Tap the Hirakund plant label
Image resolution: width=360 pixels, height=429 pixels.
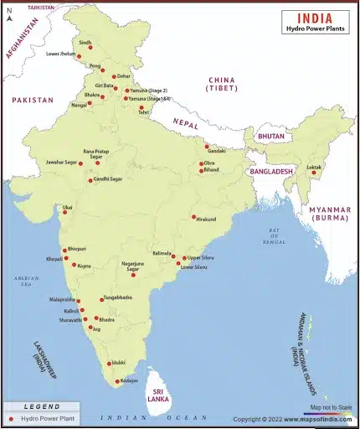coord(206,219)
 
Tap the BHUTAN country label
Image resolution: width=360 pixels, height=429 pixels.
coord(270,136)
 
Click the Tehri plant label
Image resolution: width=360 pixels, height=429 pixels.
coord(143,113)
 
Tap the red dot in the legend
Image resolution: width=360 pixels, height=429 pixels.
coord(10,417)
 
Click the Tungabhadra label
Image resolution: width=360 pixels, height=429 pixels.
coord(121,297)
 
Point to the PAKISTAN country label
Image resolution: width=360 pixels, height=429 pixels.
coord(32,100)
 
